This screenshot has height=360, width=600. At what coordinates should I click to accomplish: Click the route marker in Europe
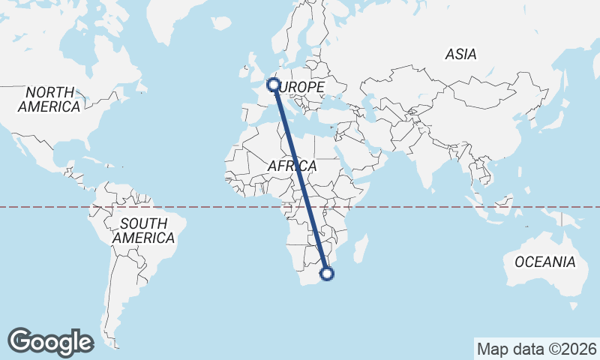pyautogui.click(x=274, y=85)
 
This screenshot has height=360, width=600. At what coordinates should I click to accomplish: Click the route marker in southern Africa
pyautogui.click(x=327, y=273)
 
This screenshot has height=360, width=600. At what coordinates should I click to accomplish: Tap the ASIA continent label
pyautogui.click(x=460, y=55)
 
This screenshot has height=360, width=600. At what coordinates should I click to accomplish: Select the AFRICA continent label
pyautogui.click(x=292, y=166)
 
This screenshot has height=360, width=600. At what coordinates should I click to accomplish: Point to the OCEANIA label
pyautogui.click(x=544, y=262)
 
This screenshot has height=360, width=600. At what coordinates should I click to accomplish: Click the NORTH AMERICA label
pyautogui.click(x=49, y=99)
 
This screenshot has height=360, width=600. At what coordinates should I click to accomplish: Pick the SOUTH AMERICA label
pyautogui.click(x=144, y=230)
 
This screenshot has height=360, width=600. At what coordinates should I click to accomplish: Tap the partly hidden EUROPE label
pyautogui.click(x=303, y=88)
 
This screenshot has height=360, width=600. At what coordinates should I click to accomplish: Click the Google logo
pyautogui.click(x=50, y=341)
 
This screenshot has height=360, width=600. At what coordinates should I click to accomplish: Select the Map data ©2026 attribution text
pyautogui.click(x=536, y=349)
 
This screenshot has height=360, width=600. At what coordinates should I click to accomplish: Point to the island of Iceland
pyautogui.click(x=221, y=23)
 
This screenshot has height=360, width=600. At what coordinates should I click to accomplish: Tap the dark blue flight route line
pyautogui.click(x=300, y=180)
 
